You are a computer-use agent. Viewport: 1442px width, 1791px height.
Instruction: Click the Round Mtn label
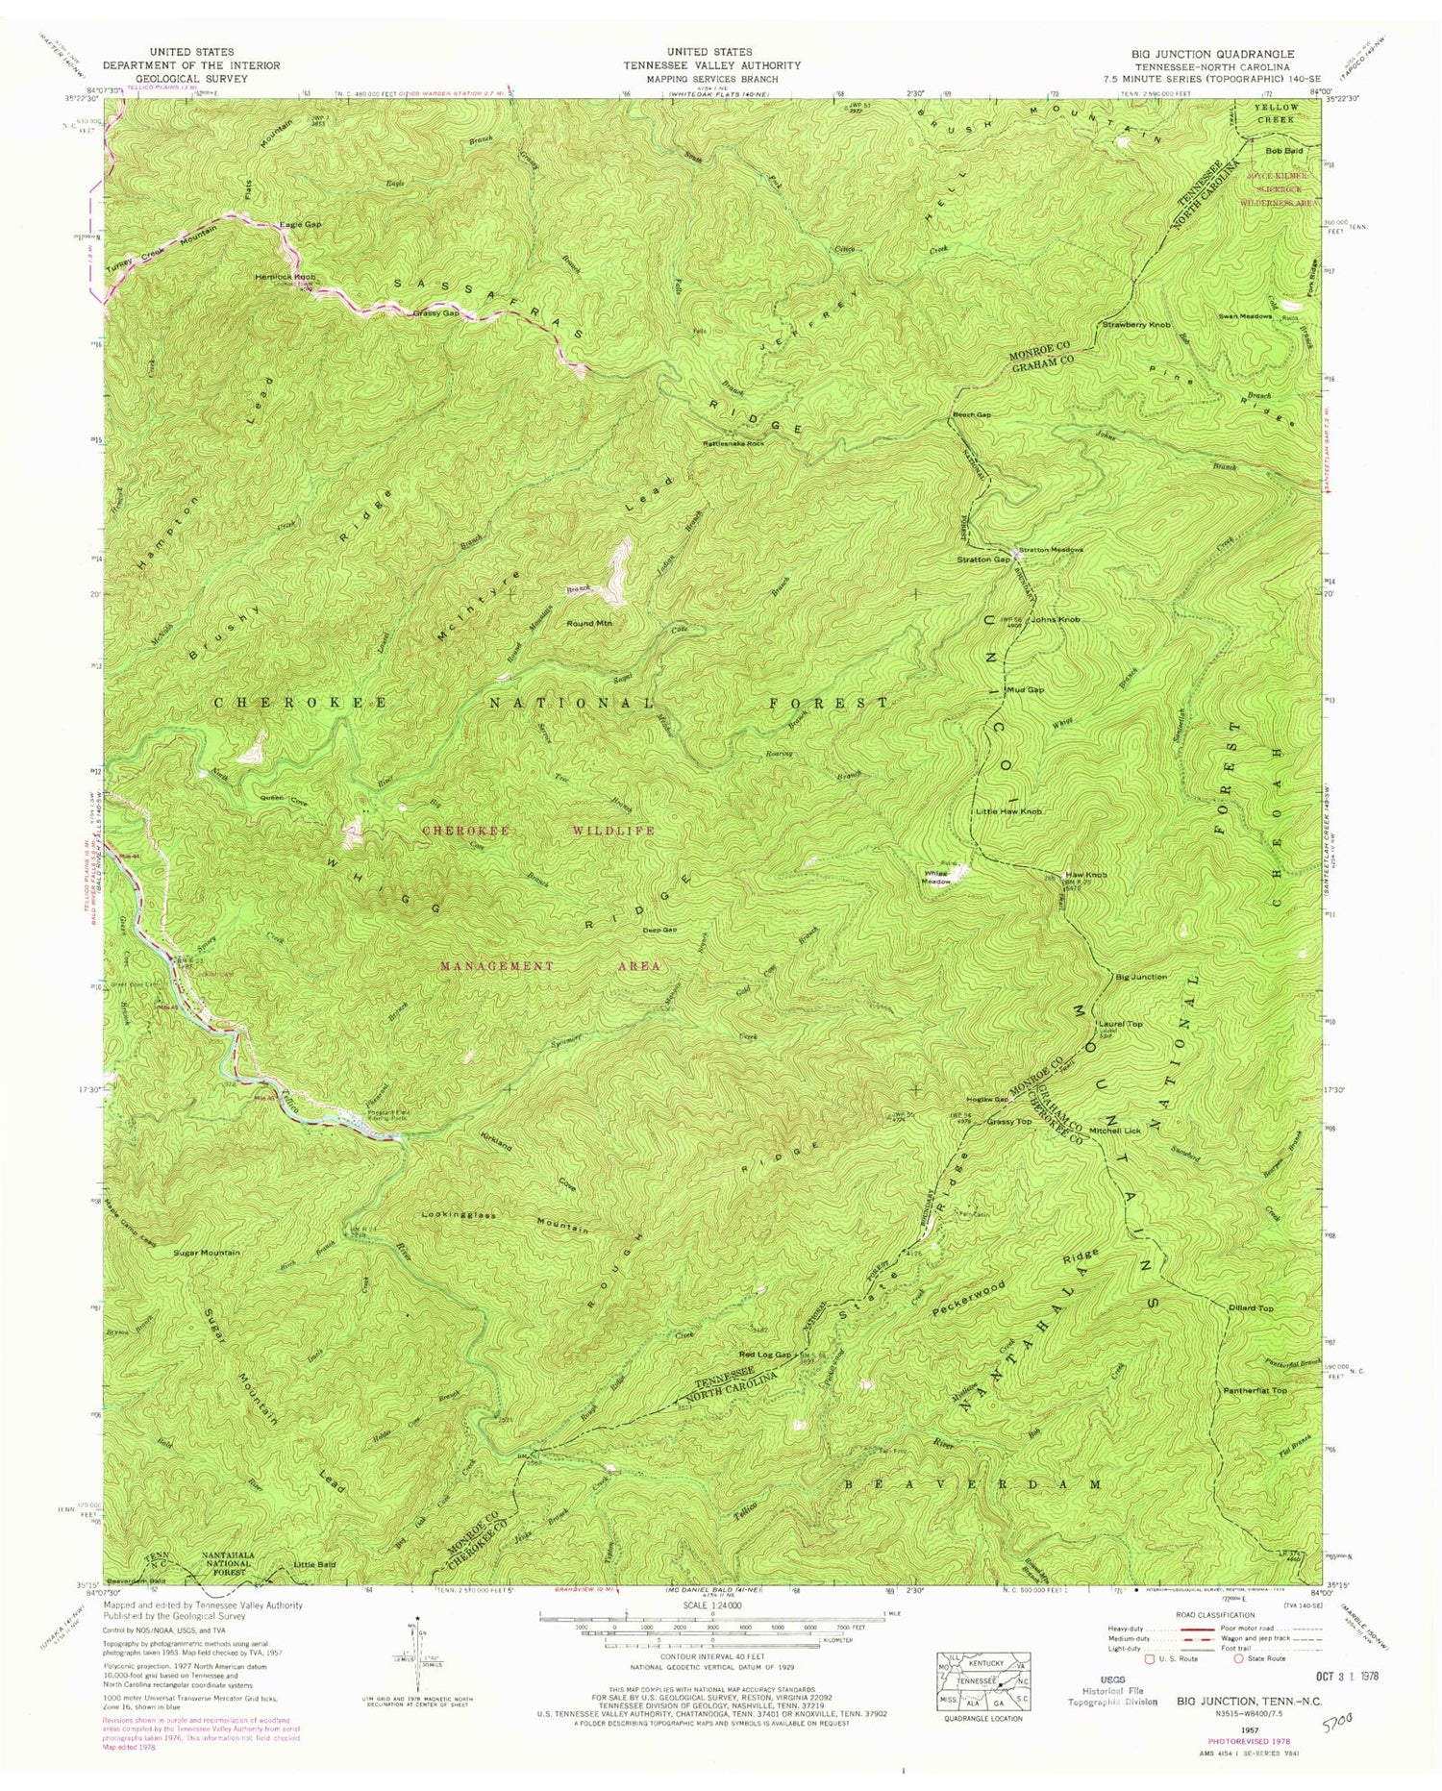click(595, 624)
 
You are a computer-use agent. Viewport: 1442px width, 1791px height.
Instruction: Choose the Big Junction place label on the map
click(1141, 977)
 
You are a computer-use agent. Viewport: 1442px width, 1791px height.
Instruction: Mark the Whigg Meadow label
click(938, 875)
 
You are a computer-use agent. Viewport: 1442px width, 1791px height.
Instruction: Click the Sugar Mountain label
click(207, 1254)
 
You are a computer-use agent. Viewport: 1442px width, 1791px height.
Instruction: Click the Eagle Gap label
click(300, 224)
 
